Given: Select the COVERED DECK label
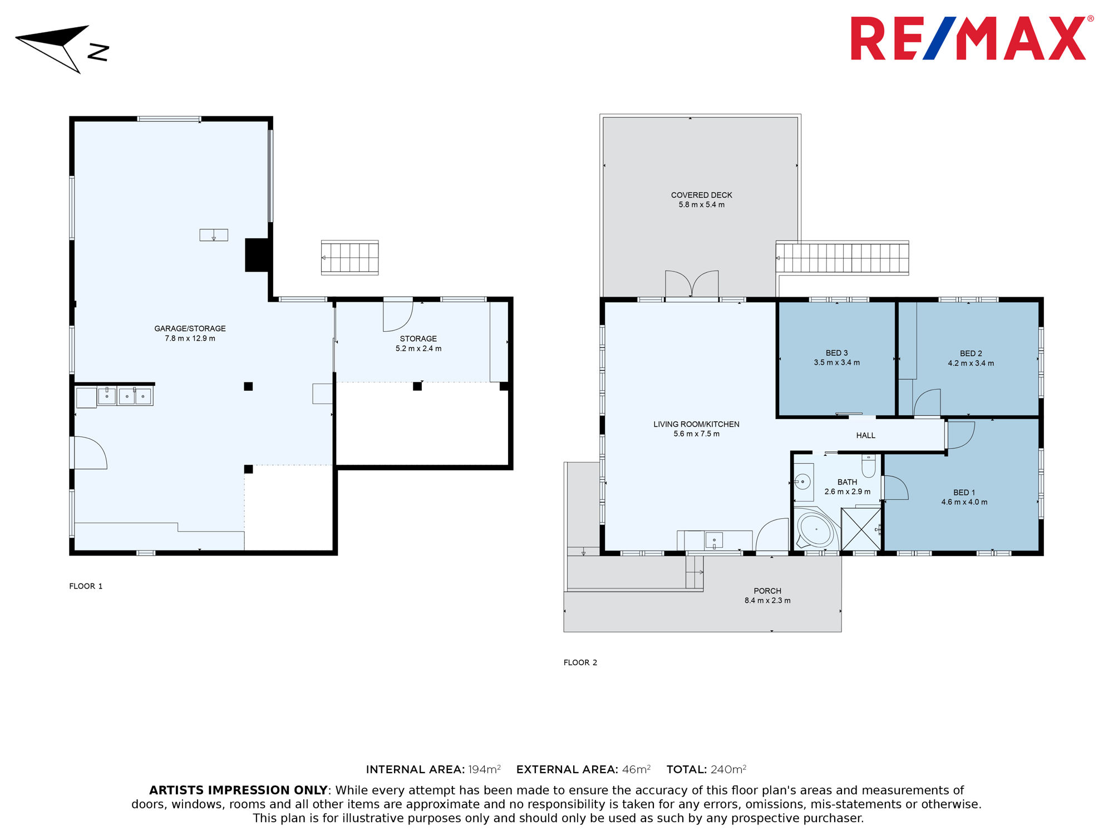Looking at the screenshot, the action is (x=701, y=195).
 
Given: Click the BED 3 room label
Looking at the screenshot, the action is (x=836, y=353).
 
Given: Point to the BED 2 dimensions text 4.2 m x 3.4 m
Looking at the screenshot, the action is (x=971, y=363).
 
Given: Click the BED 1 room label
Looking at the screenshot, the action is (x=964, y=492).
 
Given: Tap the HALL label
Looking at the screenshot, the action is (x=865, y=435).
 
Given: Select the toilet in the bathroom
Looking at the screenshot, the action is (x=868, y=465).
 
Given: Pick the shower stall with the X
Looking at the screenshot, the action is (x=861, y=529).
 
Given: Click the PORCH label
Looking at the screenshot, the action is (x=767, y=591).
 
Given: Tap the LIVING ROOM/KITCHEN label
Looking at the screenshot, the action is (x=696, y=424).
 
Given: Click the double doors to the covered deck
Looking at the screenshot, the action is (x=692, y=284).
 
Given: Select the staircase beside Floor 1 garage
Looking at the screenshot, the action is (x=349, y=258).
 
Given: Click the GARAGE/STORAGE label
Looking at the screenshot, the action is (x=190, y=328).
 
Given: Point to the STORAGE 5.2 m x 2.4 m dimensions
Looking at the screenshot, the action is (x=418, y=348).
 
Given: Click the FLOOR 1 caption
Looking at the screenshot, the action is (x=86, y=586).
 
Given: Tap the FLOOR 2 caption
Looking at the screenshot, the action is (x=580, y=662).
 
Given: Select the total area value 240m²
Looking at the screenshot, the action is (x=728, y=769).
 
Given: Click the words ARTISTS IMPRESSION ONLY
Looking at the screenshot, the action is (x=238, y=790).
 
